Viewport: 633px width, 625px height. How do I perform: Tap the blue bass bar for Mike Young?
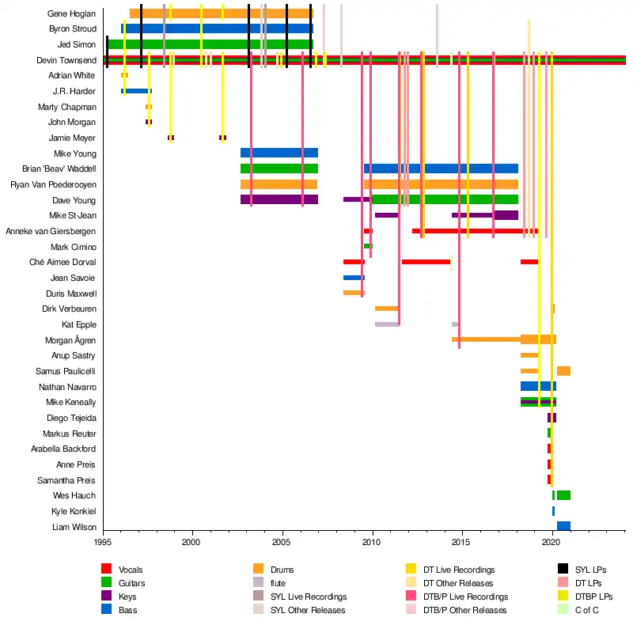pyautogui.click(x=279, y=153)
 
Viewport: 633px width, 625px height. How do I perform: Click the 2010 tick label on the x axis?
pyautogui.click(x=372, y=542)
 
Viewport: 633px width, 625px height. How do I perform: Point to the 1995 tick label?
pyautogui.click(x=103, y=542)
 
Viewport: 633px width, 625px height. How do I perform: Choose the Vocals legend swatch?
pyautogui.click(x=106, y=569)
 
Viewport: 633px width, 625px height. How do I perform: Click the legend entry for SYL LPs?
pyautogui.click(x=592, y=569)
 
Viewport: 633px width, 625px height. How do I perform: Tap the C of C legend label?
pyautogui.click(x=591, y=609)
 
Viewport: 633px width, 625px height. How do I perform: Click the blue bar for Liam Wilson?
pyautogui.click(x=563, y=526)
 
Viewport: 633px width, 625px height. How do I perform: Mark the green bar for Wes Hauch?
pyautogui.click(x=563, y=495)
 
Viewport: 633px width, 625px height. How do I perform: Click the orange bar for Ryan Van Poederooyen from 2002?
pyautogui.click(x=279, y=184)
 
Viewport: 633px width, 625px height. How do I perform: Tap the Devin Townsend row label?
pyautogui.click(x=66, y=60)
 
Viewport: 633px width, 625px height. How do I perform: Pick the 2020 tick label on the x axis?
pyautogui.click(x=552, y=542)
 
